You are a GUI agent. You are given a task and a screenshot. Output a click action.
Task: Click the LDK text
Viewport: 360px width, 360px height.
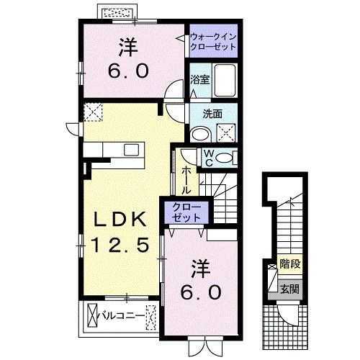tap(118, 220)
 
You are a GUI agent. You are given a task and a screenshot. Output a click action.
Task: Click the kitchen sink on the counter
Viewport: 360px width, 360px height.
tap(131, 149)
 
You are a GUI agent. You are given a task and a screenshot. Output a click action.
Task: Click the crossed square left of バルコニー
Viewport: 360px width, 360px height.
tap(93, 315)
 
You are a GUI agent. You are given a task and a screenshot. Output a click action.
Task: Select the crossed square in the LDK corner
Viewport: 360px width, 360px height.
tap(93, 112)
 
